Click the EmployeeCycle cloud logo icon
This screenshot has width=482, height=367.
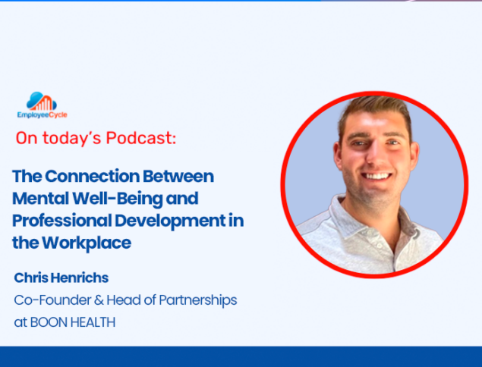click(42, 102)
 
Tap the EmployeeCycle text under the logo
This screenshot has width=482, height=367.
click(42, 114)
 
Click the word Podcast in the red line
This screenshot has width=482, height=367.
click(141, 138)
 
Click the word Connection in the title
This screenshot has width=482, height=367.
click(93, 176)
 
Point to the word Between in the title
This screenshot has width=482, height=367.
click(178, 176)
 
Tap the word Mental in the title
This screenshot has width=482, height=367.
click(40, 199)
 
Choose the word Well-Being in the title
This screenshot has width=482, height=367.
click(118, 199)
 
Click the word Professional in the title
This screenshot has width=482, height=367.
click(62, 221)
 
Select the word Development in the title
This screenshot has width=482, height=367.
click(170, 221)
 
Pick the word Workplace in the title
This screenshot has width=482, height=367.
click(87, 243)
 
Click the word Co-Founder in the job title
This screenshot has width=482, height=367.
click(52, 300)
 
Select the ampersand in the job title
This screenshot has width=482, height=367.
click(99, 300)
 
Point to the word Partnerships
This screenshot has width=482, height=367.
click(198, 301)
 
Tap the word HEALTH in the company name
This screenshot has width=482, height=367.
click(93, 322)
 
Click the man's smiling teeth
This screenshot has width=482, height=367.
click(376, 176)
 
